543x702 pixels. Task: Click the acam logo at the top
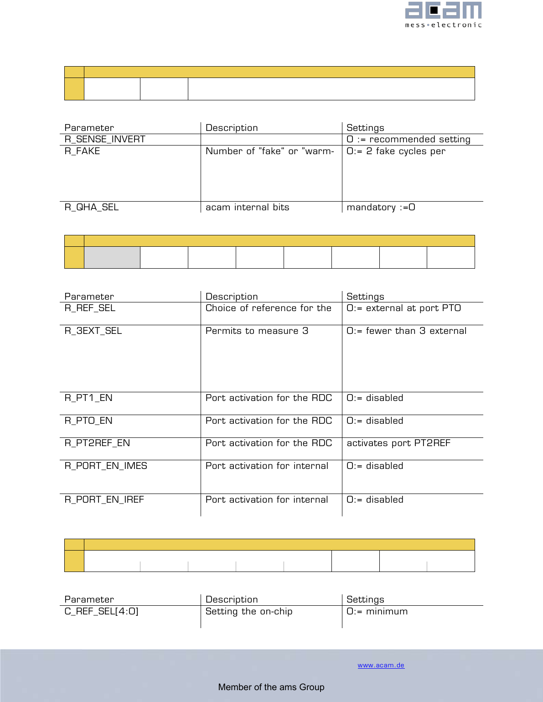point(443,15)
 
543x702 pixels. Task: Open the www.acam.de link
point(381,665)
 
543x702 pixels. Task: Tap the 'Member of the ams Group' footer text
point(271,687)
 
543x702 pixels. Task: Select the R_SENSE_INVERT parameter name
point(105,139)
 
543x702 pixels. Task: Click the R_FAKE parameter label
point(82,151)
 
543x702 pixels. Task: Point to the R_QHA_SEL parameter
point(92,207)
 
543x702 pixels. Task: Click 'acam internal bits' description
point(247,207)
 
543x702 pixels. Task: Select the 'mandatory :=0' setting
point(381,207)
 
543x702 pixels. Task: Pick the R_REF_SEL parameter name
point(90,308)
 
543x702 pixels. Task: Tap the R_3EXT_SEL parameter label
point(93,331)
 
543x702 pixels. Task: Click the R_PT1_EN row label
point(88,398)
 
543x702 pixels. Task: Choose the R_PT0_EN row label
point(88,421)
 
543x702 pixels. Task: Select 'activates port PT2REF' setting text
point(398,443)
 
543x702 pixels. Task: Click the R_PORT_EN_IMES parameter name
point(106,466)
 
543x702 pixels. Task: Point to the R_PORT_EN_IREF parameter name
point(104,499)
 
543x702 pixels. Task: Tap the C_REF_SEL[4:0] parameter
point(101,611)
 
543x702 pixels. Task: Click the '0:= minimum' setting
point(377,611)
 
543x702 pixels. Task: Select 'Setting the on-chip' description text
point(249,611)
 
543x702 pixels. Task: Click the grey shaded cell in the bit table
point(112,257)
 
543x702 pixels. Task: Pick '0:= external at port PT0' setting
point(403,308)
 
